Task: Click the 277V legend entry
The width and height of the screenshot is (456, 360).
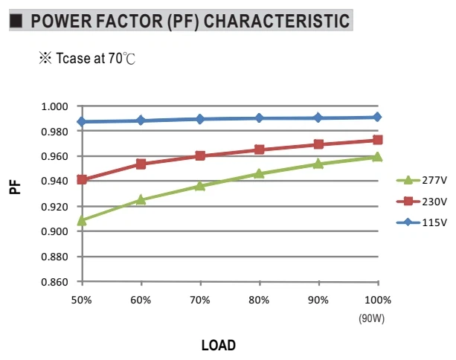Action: pos(421,180)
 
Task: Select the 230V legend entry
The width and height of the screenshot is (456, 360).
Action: pos(421,202)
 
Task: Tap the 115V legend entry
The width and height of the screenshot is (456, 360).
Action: pos(421,222)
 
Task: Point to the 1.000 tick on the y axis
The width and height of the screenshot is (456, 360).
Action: pos(54,106)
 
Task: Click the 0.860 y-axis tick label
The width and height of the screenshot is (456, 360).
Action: pos(54,282)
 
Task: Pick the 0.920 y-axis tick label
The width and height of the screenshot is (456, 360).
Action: pos(54,207)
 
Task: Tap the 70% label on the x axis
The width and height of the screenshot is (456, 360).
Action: pos(200,300)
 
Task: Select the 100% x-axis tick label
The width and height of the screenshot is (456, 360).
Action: pos(378,300)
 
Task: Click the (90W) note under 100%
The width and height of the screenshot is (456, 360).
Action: pos(372,318)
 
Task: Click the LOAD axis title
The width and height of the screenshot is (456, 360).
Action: pos(219,345)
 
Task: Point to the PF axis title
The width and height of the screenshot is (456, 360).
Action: pos(15,187)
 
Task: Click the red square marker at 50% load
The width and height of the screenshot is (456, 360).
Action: pos(82,180)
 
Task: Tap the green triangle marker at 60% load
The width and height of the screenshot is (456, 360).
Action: pos(141,199)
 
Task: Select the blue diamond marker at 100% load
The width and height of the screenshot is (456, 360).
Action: pos(377,118)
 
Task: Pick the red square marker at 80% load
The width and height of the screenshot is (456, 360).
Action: pos(259,150)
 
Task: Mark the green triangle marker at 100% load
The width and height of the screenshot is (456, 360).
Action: pos(377,157)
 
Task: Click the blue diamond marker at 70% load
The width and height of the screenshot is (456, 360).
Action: pos(200,119)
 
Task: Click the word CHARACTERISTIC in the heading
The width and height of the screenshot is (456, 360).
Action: pos(277,21)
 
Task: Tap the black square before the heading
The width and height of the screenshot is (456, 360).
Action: pos(16,21)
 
